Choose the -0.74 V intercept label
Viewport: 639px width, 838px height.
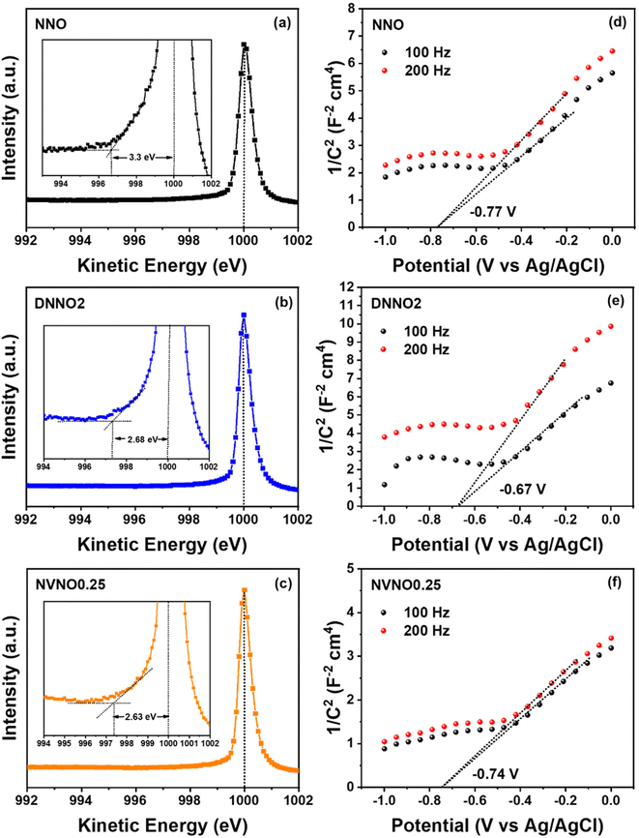click(x=493, y=774)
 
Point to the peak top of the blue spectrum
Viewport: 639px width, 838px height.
click(x=244, y=314)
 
